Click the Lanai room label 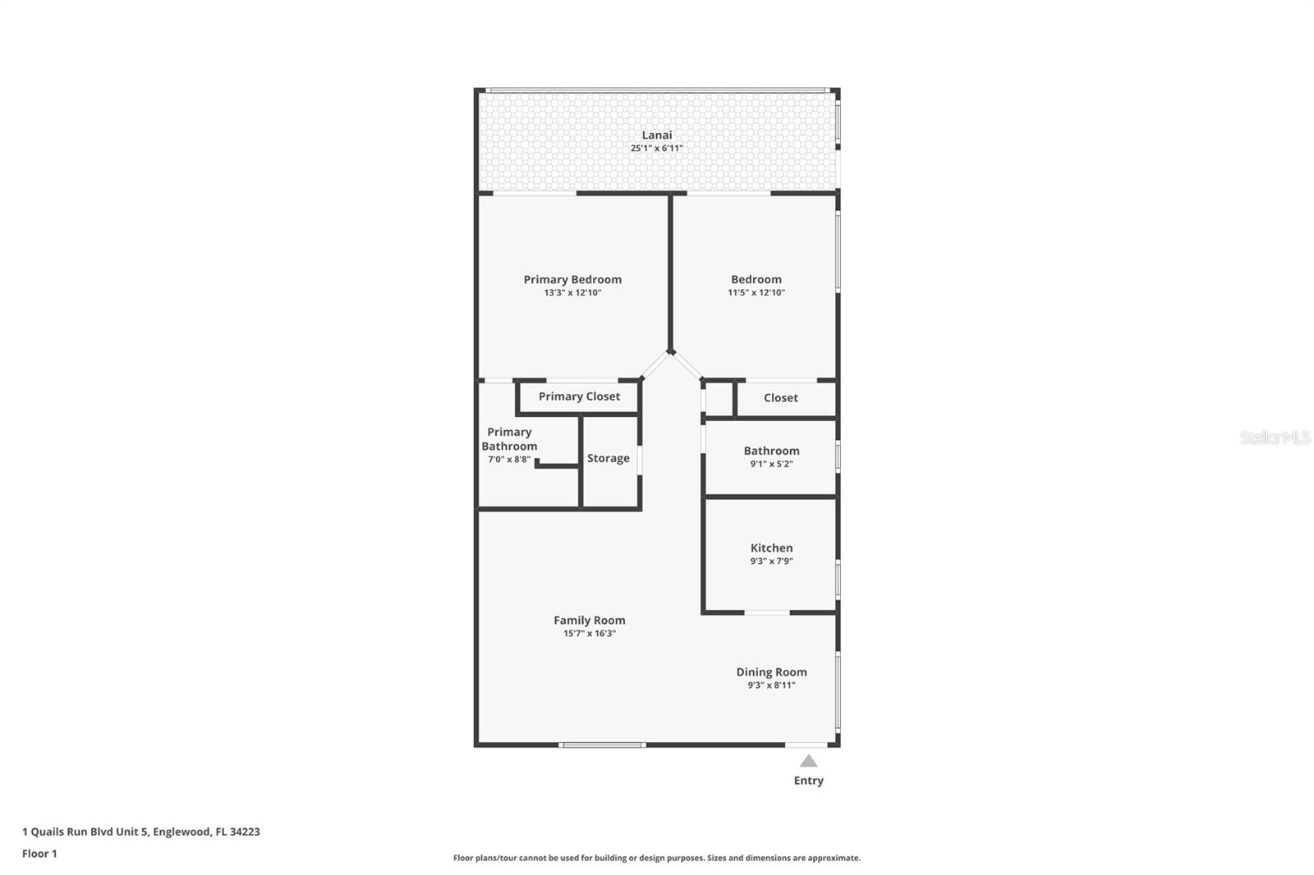pyautogui.click(x=656, y=135)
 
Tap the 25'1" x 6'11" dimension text pyautogui.click(x=656, y=149)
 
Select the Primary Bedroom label pyautogui.click(x=572, y=280)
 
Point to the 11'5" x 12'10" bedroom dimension pyautogui.click(x=756, y=293)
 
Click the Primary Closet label pyautogui.click(x=579, y=396)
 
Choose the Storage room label pyautogui.click(x=609, y=458)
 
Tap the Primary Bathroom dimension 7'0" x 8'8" pyautogui.click(x=509, y=460)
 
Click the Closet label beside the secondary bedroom pyautogui.click(x=781, y=397)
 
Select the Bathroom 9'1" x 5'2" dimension pyautogui.click(x=771, y=464)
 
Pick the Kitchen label pyautogui.click(x=771, y=547)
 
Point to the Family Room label pyautogui.click(x=590, y=621)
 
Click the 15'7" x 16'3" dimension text pyautogui.click(x=590, y=634)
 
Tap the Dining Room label pyautogui.click(x=771, y=672)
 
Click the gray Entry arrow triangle pyautogui.click(x=808, y=761)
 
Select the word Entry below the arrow pyautogui.click(x=808, y=781)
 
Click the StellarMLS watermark pyautogui.click(x=1275, y=438)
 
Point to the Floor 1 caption pyautogui.click(x=39, y=854)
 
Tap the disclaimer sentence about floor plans pyautogui.click(x=657, y=858)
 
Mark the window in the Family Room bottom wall pyautogui.click(x=602, y=744)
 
